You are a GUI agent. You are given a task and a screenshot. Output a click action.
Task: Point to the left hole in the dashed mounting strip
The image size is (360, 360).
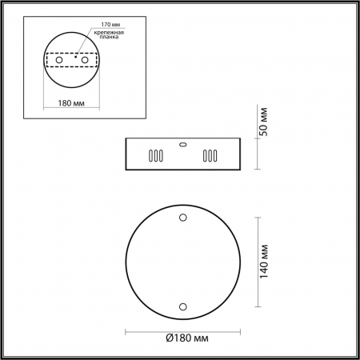click(x=59, y=61)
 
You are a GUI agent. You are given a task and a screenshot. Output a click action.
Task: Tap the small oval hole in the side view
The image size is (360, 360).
click(x=183, y=145)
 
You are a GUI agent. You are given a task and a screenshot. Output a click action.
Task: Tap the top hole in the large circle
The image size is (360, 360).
click(x=183, y=217)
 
